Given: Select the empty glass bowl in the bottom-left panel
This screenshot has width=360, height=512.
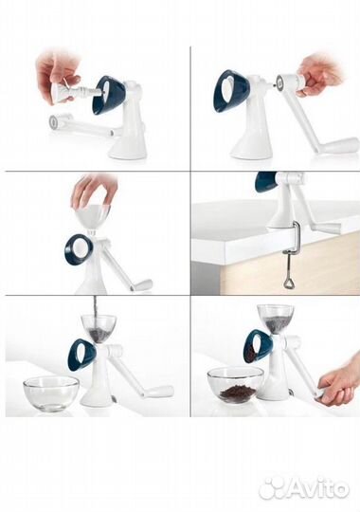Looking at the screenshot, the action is [51, 393].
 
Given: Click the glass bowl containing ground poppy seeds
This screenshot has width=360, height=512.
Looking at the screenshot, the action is [236, 385].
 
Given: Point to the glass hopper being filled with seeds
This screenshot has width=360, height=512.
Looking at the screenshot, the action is [99, 327].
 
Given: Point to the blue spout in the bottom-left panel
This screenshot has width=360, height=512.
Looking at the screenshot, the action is [81, 354].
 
